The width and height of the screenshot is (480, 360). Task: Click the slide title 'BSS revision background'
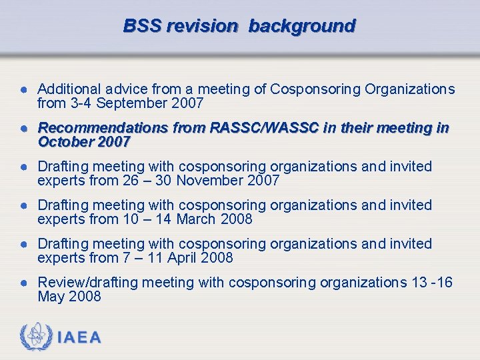239,26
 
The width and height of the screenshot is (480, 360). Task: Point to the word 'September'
131,103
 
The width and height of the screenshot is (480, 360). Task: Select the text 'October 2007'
83,142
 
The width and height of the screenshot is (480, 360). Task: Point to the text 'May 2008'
69,297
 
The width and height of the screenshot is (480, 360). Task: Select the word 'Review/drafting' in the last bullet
86,283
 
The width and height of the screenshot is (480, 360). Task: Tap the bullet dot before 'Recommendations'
23,128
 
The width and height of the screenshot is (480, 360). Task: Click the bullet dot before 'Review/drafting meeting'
23,283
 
